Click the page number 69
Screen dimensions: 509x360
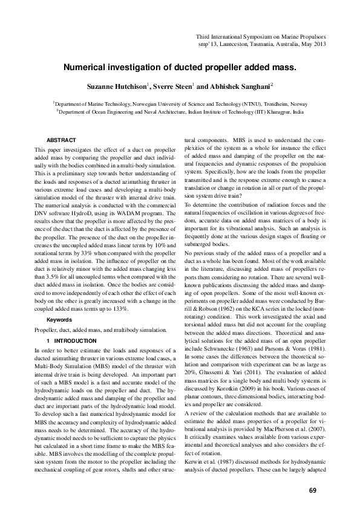[x=313, y=473]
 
